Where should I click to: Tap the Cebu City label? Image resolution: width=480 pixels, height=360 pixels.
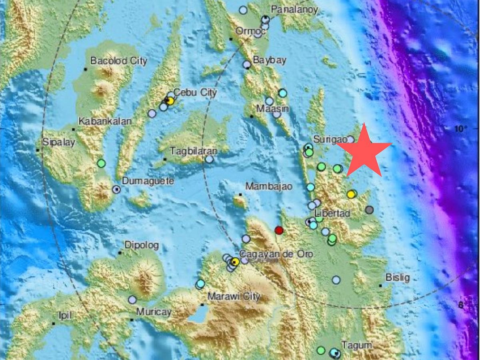pos(195,93)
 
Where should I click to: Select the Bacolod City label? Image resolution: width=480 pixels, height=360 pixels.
pos(118,61)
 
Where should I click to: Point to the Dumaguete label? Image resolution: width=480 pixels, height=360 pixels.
pos(148,181)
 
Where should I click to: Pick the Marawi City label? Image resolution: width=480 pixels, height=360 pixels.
pos(234,297)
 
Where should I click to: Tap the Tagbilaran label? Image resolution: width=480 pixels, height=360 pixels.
pos(194,151)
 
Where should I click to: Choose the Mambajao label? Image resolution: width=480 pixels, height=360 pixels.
pos(269,186)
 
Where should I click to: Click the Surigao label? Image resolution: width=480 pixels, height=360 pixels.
pos(329,139)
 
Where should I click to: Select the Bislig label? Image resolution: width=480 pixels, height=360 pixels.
pos(398,277)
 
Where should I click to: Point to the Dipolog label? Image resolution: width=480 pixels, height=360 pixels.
pos(142,245)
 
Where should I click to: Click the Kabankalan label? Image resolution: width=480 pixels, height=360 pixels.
pos(105,121)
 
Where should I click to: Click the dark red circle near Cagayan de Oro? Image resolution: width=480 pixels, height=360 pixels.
pos(279,230)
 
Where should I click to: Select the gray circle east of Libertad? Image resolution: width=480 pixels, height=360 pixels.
pos(369,210)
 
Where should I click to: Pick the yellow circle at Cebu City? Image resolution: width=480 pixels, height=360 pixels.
pos(170,102)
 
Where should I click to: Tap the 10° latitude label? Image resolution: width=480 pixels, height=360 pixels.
pos(460,129)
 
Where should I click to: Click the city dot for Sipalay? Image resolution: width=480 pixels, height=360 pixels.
pos(38,150)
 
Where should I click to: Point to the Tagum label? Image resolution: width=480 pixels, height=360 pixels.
pos(357,345)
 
